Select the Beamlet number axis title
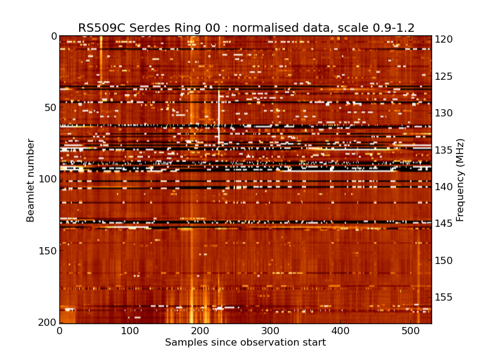click(x=31, y=180)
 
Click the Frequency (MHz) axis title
click(x=460, y=180)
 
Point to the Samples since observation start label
click(x=245, y=343)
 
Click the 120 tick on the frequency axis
click(x=444, y=40)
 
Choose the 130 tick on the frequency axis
click(x=444, y=113)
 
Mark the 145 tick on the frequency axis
click(x=444, y=224)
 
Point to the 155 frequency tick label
click(x=444, y=298)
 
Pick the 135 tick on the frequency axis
click(x=444, y=150)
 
